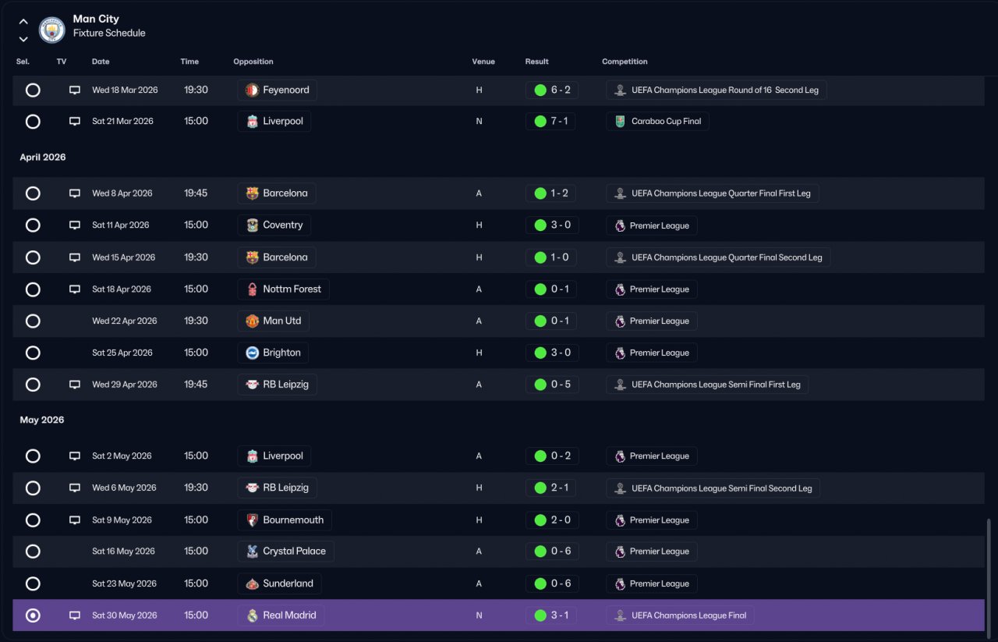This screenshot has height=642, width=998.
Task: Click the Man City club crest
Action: pos(51,30)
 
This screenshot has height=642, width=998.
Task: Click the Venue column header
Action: pos(483,62)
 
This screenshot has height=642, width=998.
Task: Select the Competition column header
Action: pos(625,62)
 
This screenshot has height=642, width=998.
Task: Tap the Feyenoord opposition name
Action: pos(285,90)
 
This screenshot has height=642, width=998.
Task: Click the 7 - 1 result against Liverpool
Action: pos(559,121)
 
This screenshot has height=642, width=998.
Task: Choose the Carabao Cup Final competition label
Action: pos(666,121)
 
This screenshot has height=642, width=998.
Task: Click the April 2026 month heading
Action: pos(43,158)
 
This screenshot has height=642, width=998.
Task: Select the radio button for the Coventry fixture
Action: pos(33,225)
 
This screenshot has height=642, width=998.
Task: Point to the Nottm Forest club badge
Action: pos(252,289)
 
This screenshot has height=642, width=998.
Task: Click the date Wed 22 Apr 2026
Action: pos(124,321)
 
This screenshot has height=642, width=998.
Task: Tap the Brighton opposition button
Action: pos(273,353)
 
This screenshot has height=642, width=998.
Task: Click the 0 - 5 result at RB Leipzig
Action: pos(561,385)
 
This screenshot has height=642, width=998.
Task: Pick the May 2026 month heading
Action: pos(42,420)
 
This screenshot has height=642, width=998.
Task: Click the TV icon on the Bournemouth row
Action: pos(74,520)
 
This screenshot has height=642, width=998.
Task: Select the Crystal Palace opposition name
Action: pos(294,552)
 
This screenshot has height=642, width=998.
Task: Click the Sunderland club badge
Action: pos(252,583)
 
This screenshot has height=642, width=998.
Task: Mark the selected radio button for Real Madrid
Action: pos(33,615)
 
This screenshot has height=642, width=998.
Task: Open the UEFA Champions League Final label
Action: pos(688,615)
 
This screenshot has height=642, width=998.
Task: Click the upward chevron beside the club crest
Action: pos(23,21)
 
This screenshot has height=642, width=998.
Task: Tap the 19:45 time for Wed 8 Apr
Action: pos(196,193)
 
